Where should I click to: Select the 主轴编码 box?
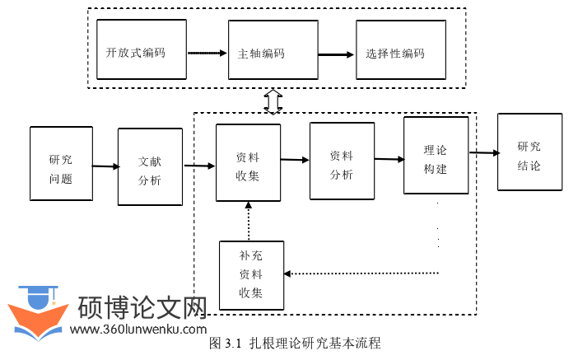[x=273, y=50]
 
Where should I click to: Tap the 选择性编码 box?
[x=401, y=50]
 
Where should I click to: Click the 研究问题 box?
[x=60, y=164]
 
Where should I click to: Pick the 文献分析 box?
[x=150, y=166]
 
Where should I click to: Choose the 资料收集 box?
[x=248, y=162]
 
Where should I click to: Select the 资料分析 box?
[x=342, y=161]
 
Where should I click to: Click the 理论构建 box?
[x=436, y=156]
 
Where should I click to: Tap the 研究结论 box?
[x=529, y=152]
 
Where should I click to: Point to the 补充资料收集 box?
[x=251, y=274]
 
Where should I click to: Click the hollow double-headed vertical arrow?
[x=273, y=101]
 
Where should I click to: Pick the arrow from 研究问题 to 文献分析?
[x=105, y=167]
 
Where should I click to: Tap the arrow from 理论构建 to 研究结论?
[x=483, y=152]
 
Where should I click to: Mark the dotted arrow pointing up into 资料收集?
[x=248, y=220]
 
